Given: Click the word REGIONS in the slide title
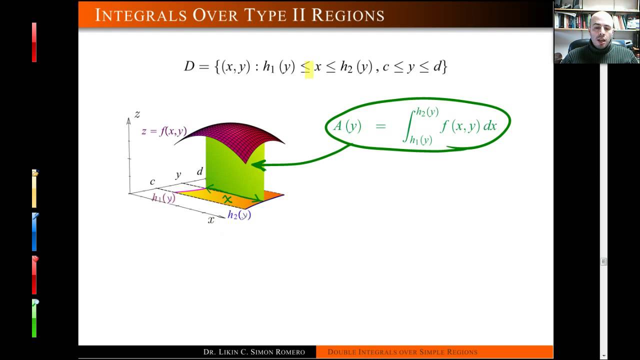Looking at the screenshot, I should pyautogui.click(x=348, y=15).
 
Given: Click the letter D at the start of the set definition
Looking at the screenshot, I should pyautogui.click(x=189, y=66).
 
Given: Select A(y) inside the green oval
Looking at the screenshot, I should pyautogui.click(x=347, y=126).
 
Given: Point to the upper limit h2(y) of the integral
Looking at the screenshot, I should pyautogui.click(x=427, y=112).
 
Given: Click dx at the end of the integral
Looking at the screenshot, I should pyautogui.click(x=489, y=126).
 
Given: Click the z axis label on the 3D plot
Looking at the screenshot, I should pyautogui.click(x=137, y=114).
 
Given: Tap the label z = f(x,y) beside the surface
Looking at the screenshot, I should pyautogui.click(x=164, y=131).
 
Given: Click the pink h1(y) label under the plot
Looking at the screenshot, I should pyautogui.click(x=163, y=198).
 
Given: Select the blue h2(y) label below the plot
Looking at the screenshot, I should pyautogui.click(x=239, y=215).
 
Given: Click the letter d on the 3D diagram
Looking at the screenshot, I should pyautogui.click(x=200, y=171).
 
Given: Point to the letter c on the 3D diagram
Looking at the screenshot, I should pyautogui.click(x=152, y=181).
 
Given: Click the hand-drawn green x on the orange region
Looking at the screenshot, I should pyautogui.click(x=227, y=199).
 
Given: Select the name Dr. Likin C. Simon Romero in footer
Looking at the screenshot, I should pyautogui.click(x=254, y=352).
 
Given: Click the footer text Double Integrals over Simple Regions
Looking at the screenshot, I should pyautogui.click(x=402, y=352).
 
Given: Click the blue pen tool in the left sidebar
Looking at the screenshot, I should pyautogui.click(x=34, y=232).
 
